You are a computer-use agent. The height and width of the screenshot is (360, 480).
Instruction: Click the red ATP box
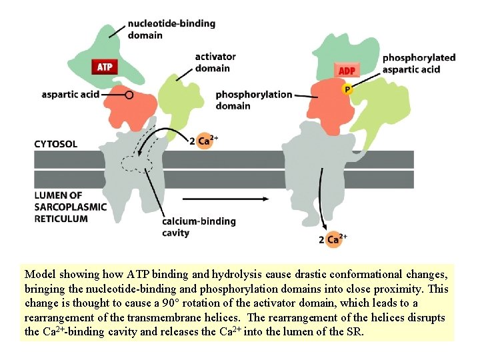[105, 67]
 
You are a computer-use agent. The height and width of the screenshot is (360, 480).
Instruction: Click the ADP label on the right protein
[347, 71]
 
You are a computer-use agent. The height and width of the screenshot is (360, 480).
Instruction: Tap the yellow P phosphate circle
[347, 89]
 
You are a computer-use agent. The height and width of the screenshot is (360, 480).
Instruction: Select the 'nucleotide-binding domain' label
[171, 29]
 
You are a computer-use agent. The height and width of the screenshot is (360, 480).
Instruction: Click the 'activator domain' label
[215, 62]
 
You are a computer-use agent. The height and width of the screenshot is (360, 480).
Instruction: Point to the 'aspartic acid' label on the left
[70, 94]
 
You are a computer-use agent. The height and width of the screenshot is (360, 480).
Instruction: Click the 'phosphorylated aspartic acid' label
[418, 63]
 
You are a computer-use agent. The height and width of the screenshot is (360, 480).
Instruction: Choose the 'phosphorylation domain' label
[253, 99]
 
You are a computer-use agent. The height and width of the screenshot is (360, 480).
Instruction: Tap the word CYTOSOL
[56, 143]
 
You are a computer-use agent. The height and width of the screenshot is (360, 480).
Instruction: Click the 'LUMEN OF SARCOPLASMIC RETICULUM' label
[70, 207]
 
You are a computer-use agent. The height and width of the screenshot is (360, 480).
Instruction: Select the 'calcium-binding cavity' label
[199, 227]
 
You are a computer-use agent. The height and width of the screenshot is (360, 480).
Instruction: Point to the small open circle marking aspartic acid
[129, 95]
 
